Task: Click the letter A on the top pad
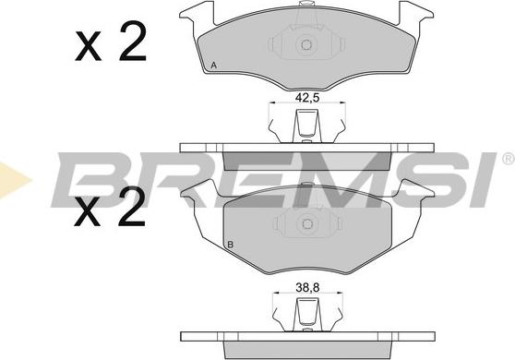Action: [x=214, y=66]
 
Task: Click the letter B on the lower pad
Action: [x=231, y=245]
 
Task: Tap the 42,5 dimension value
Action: [x=307, y=98]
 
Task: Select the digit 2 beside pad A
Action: [x=133, y=42]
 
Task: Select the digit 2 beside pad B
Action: [x=132, y=207]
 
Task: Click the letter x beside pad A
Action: [x=88, y=46]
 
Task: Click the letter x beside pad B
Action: [x=88, y=212]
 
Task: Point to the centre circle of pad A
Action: [x=306, y=44]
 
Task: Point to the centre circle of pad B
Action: [x=307, y=224]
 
